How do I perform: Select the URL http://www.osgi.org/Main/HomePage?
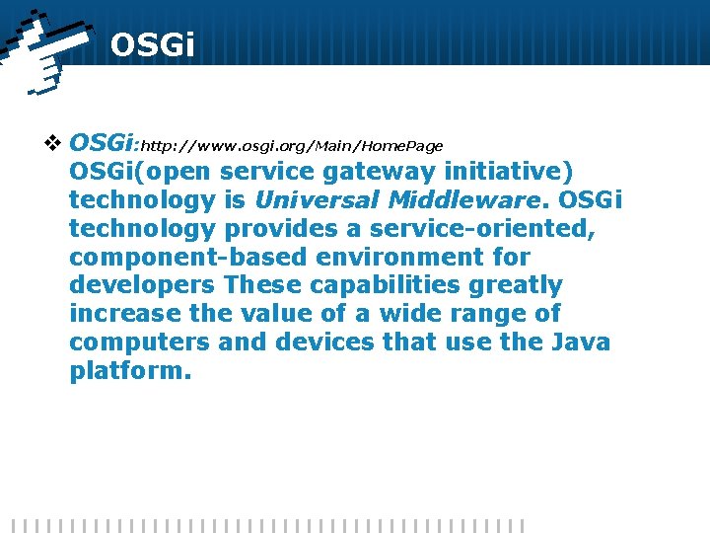click(x=293, y=146)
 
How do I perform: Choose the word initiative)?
click(x=508, y=172)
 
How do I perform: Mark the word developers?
click(x=143, y=286)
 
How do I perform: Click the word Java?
click(x=583, y=343)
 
